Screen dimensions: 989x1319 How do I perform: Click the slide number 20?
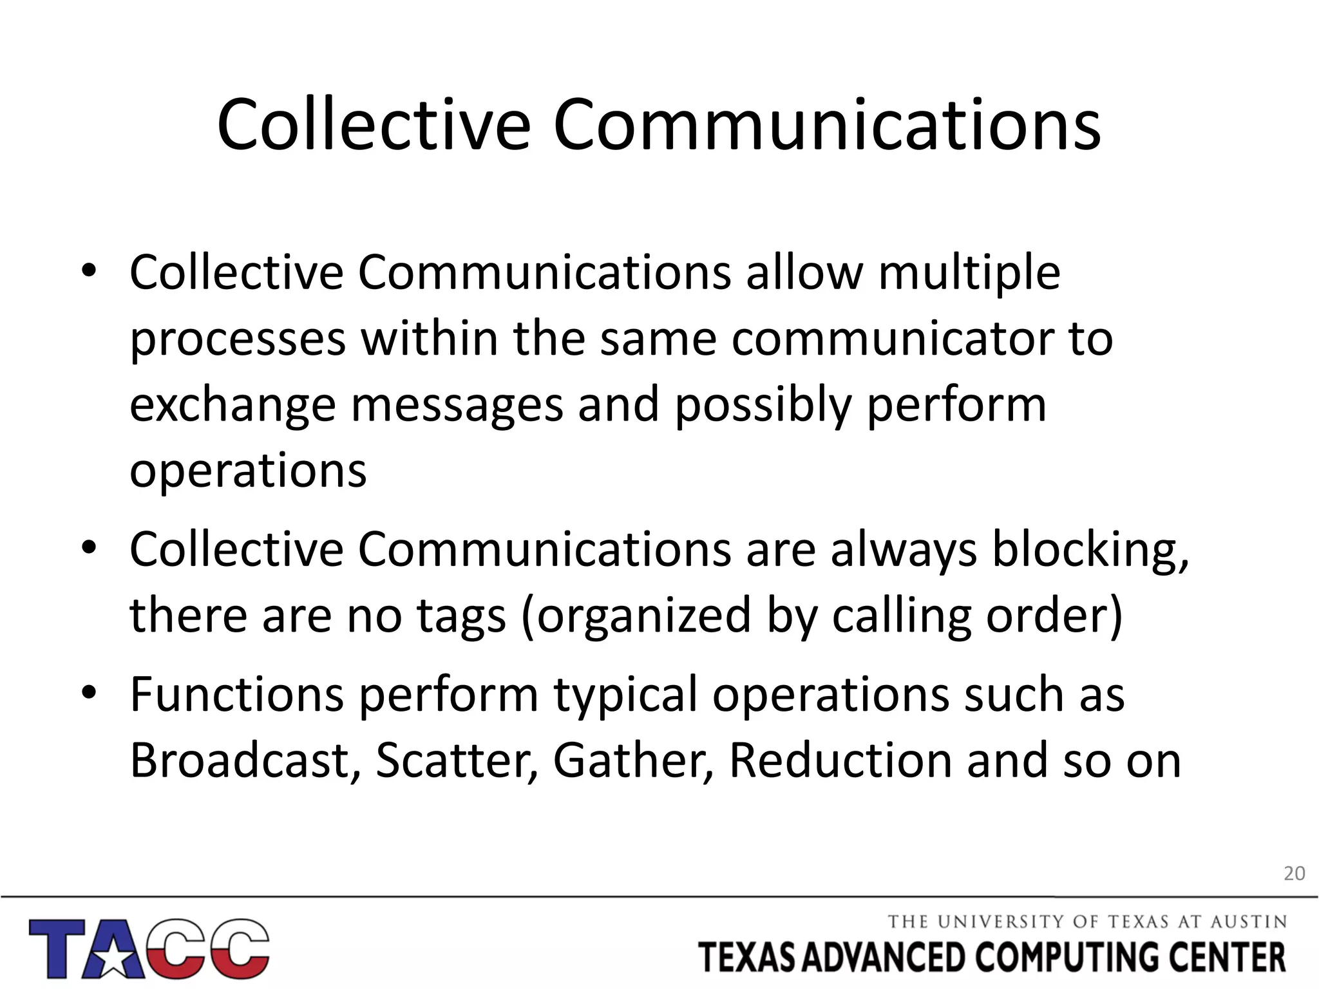(x=1294, y=874)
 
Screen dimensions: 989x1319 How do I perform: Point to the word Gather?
(x=633, y=760)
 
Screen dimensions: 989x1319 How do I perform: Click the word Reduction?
(x=840, y=760)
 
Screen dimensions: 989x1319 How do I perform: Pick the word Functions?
(x=236, y=694)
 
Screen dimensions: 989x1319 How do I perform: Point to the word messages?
(x=457, y=406)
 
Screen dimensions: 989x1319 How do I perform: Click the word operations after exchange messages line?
(x=248, y=471)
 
